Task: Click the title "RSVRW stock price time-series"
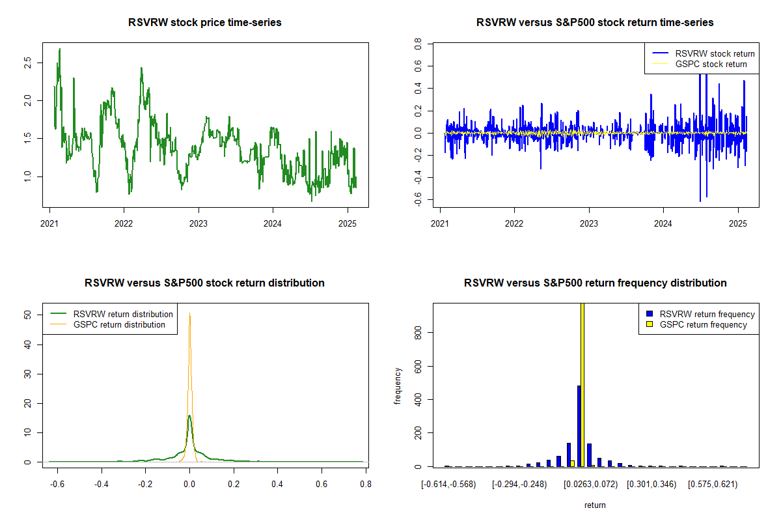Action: click(205, 23)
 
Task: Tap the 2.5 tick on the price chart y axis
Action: click(27, 63)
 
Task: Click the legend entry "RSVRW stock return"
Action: click(715, 53)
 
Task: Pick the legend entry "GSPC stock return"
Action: click(711, 64)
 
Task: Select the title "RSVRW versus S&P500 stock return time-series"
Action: click(595, 23)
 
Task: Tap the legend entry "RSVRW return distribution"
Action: click(123, 314)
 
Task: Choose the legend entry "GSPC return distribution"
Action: click(119, 324)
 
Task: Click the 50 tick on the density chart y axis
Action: click(27, 315)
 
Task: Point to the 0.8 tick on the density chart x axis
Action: click(366, 485)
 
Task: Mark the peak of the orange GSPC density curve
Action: click(189, 314)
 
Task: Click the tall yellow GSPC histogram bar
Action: click(582, 384)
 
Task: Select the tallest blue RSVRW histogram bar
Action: click(579, 426)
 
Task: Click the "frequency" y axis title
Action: click(398, 386)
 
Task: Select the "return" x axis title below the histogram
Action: click(595, 505)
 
